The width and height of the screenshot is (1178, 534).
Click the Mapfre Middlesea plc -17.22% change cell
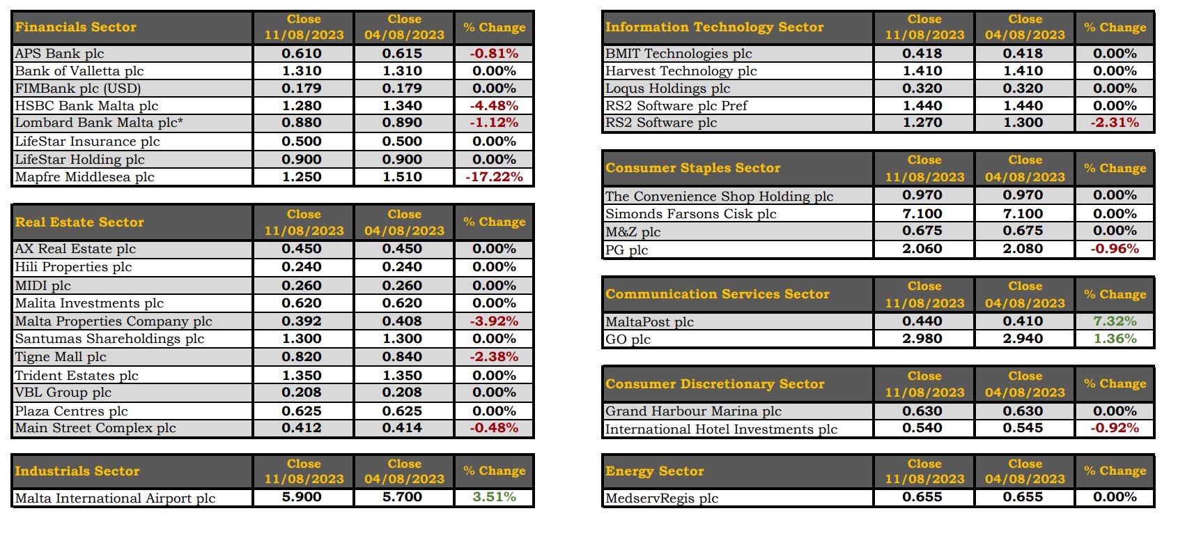pyautogui.click(x=494, y=177)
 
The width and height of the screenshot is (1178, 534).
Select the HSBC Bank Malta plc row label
pyautogui.click(x=87, y=106)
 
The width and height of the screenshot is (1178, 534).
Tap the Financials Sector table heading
pyautogui.click(x=76, y=26)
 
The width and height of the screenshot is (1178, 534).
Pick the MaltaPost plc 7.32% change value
pyautogui.click(x=1115, y=321)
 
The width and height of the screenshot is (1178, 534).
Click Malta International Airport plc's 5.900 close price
pyautogui.click(x=302, y=497)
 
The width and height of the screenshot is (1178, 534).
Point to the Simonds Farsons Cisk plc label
pyautogui.click(x=690, y=213)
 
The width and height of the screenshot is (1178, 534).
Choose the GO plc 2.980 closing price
pyautogui.click(x=922, y=338)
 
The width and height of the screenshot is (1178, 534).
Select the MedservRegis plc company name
pyautogui.click(x=662, y=498)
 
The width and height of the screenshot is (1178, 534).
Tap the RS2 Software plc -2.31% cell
pyautogui.click(x=1115, y=123)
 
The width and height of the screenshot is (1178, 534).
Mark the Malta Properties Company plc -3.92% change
pyautogui.click(x=494, y=321)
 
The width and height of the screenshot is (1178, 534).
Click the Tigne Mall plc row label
pyautogui.click(x=61, y=357)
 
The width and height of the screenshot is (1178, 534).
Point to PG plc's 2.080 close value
pyautogui.click(x=1023, y=248)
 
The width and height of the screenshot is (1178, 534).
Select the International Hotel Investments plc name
pyautogui.click(x=721, y=429)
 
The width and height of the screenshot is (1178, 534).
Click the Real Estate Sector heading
pyautogui.click(x=79, y=222)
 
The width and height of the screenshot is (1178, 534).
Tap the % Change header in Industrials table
pyautogui.click(x=495, y=471)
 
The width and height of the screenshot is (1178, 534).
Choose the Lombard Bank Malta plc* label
pyautogui.click(x=99, y=123)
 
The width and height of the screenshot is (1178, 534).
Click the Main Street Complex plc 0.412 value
pyautogui.click(x=302, y=428)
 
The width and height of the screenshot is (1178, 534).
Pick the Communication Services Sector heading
pyautogui.click(x=718, y=294)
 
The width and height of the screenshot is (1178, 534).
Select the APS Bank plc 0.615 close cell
pyautogui.click(x=403, y=53)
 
